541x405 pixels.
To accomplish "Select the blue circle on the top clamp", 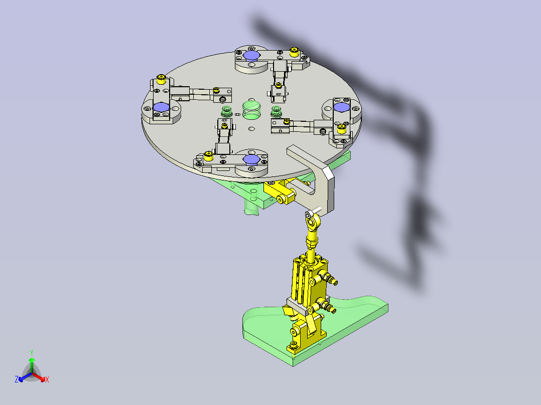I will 252,56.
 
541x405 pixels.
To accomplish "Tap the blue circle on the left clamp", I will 161,107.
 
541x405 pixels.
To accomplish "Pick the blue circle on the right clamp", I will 341,108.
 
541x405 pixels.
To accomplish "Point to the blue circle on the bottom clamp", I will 250,159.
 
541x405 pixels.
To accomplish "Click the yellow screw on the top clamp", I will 295,51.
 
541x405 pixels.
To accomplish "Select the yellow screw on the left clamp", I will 162,79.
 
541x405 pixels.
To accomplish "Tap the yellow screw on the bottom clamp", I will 209,157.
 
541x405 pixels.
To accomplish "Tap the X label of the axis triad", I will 47,380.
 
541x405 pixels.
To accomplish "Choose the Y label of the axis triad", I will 32,352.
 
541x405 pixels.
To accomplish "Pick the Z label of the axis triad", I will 17,379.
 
